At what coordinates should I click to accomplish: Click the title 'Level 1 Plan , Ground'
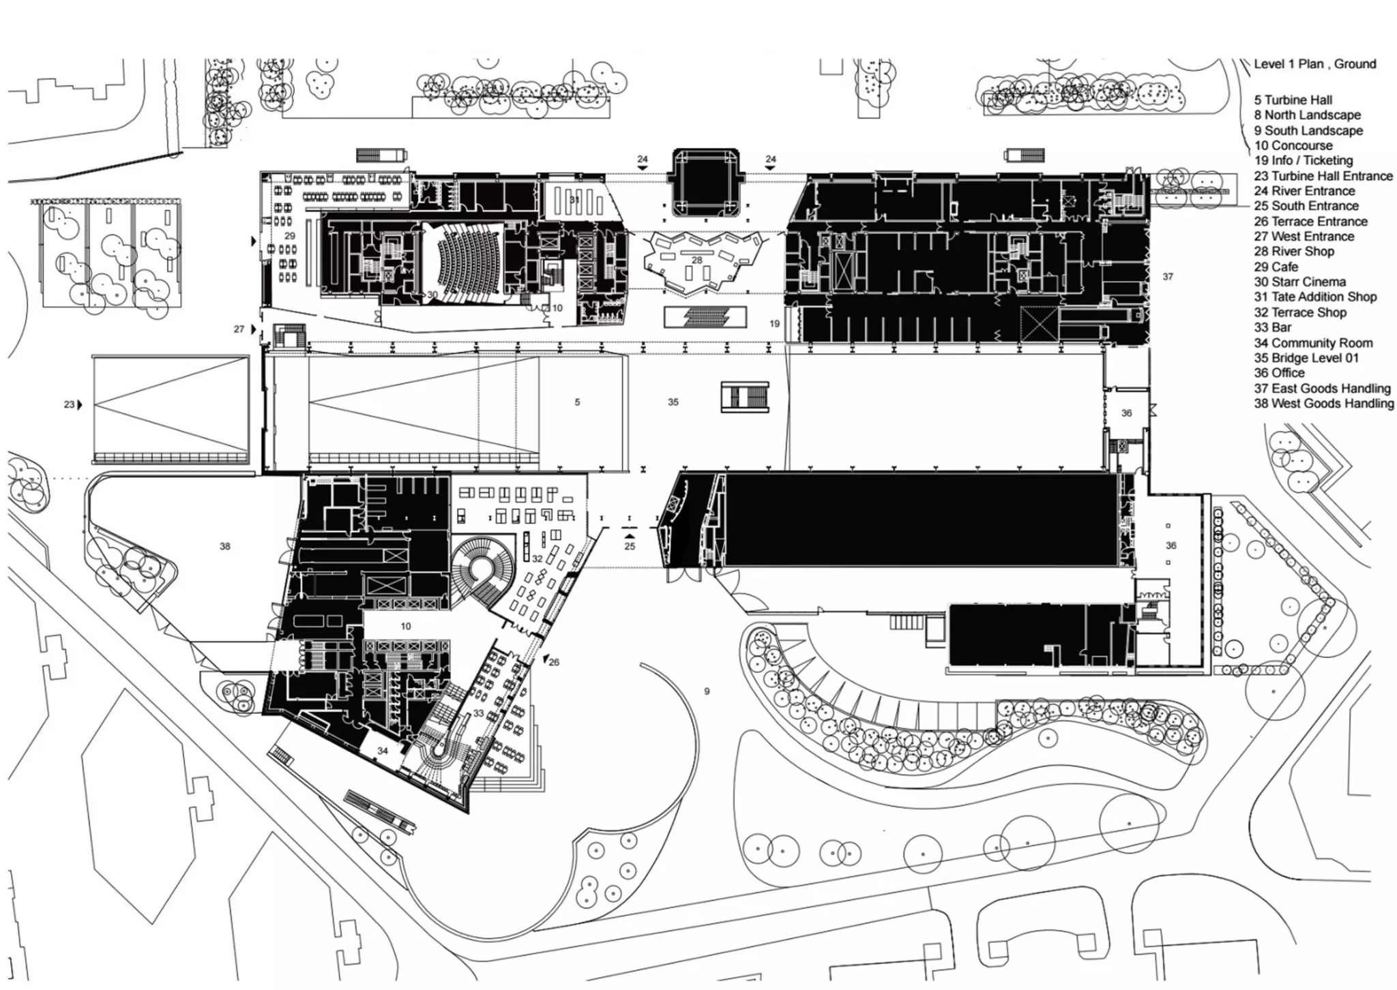pyautogui.click(x=1314, y=64)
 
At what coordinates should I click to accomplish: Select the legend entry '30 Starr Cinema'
pyautogui.click(x=1299, y=282)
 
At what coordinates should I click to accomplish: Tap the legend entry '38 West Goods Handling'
pyautogui.click(x=1323, y=404)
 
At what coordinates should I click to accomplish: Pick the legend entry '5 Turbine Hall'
pyautogui.click(x=1293, y=100)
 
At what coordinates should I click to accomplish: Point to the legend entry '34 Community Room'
pyautogui.click(x=1313, y=343)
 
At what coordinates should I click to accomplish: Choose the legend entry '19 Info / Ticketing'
pyautogui.click(x=1303, y=160)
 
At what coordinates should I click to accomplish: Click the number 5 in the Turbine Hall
pyautogui.click(x=577, y=402)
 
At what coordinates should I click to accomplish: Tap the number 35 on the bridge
pyautogui.click(x=673, y=402)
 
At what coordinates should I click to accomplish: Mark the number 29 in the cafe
pyautogui.click(x=290, y=236)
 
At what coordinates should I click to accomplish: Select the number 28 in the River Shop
pyautogui.click(x=696, y=260)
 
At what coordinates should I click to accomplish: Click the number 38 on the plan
pyautogui.click(x=225, y=546)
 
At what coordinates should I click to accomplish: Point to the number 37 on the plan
pyautogui.click(x=1168, y=277)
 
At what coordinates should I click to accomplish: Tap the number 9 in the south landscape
pyautogui.click(x=707, y=691)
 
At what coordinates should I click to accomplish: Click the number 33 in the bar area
pyautogui.click(x=478, y=713)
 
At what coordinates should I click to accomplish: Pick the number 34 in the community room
pyautogui.click(x=383, y=751)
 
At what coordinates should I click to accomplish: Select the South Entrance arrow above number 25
pyautogui.click(x=630, y=537)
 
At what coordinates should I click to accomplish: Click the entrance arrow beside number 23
pyautogui.click(x=79, y=404)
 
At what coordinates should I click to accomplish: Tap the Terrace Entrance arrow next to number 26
pyautogui.click(x=545, y=659)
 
